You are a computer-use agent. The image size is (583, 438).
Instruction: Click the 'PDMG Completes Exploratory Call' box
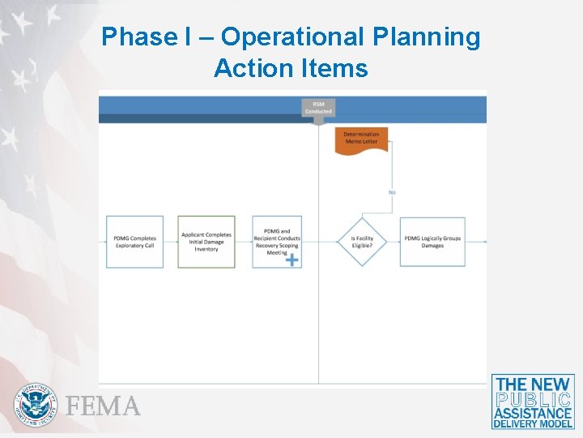pos(134,242)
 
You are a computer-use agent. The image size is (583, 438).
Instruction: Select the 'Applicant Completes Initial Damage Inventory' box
pos(206,242)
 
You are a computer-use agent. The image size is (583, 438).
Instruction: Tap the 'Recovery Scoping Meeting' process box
pos(277,242)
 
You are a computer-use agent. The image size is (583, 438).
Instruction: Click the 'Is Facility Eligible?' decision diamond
pos(362,242)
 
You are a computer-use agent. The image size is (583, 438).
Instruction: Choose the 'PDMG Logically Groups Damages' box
pos(432,242)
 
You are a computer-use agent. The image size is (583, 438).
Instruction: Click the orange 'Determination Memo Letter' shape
pos(361,139)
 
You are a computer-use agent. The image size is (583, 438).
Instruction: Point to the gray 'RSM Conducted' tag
pos(318,108)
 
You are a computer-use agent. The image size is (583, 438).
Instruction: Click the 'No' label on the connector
pos(392,192)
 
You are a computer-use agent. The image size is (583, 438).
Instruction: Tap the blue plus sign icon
pos(291,260)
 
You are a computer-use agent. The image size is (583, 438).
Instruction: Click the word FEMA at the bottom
pos(104,406)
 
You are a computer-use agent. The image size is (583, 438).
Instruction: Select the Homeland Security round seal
pos(36,405)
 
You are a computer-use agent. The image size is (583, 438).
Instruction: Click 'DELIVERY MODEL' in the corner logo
pos(533,423)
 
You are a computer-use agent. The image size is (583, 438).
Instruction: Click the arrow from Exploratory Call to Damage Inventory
pos(171,242)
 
